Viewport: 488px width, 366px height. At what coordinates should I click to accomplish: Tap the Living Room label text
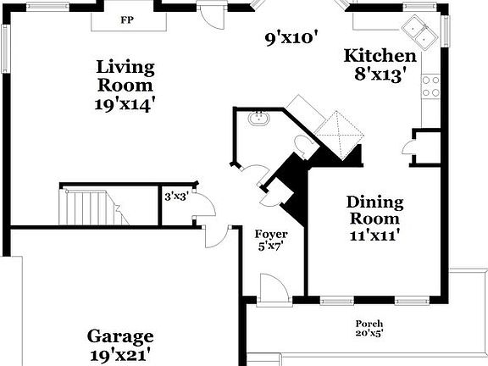click(125, 75)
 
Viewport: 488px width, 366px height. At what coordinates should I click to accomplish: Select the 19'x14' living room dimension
click(125, 104)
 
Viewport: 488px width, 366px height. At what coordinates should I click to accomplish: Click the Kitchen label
click(379, 56)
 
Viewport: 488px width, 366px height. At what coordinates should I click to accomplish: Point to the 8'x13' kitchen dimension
click(383, 74)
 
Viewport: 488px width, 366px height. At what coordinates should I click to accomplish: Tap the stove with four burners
click(431, 86)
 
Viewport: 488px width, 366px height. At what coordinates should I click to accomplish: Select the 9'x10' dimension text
click(291, 37)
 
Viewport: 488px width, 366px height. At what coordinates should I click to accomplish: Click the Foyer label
click(271, 235)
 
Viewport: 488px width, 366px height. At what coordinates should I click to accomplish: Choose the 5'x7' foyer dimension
click(271, 247)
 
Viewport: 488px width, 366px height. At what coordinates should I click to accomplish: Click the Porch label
click(369, 324)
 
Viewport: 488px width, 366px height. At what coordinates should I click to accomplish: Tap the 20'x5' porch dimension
click(369, 334)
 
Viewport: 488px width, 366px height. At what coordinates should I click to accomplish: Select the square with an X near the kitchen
click(340, 131)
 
